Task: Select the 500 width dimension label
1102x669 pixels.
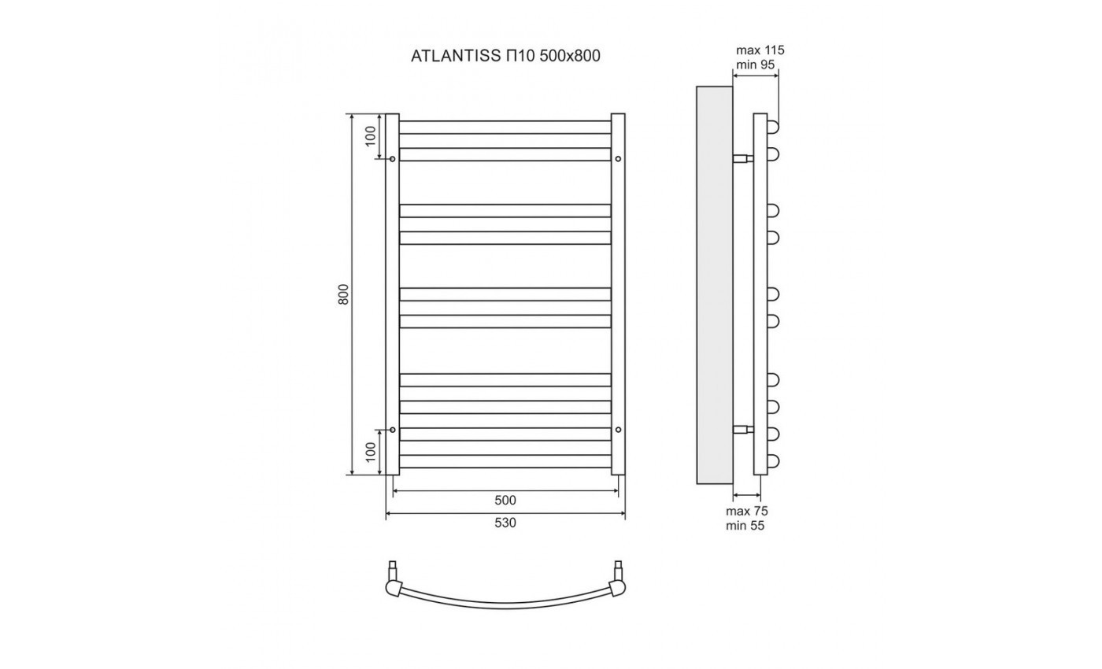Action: pyautogui.click(x=505, y=501)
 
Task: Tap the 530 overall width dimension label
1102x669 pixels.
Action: pyautogui.click(x=505, y=523)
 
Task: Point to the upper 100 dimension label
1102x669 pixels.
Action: pyautogui.click(x=371, y=136)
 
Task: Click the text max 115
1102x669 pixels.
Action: pyautogui.click(x=760, y=50)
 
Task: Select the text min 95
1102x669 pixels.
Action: pyautogui.click(x=756, y=64)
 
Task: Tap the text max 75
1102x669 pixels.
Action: pyautogui.click(x=746, y=511)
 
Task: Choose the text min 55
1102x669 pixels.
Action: pyautogui.click(x=745, y=525)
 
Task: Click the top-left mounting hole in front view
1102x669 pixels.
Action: pyautogui.click(x=392, y=159)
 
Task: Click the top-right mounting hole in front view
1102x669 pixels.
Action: pyautogui.click(x=618, y=159)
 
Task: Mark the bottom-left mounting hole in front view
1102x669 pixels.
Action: pyautogui.click(x=392, y=430)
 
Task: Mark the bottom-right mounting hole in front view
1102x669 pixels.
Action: pyautogui.click(x=618, y=430)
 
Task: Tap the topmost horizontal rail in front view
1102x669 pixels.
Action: pyautogui.click(x=505, y=127)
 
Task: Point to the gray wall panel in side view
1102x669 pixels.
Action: pyautogui.click(x=714, y=283)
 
